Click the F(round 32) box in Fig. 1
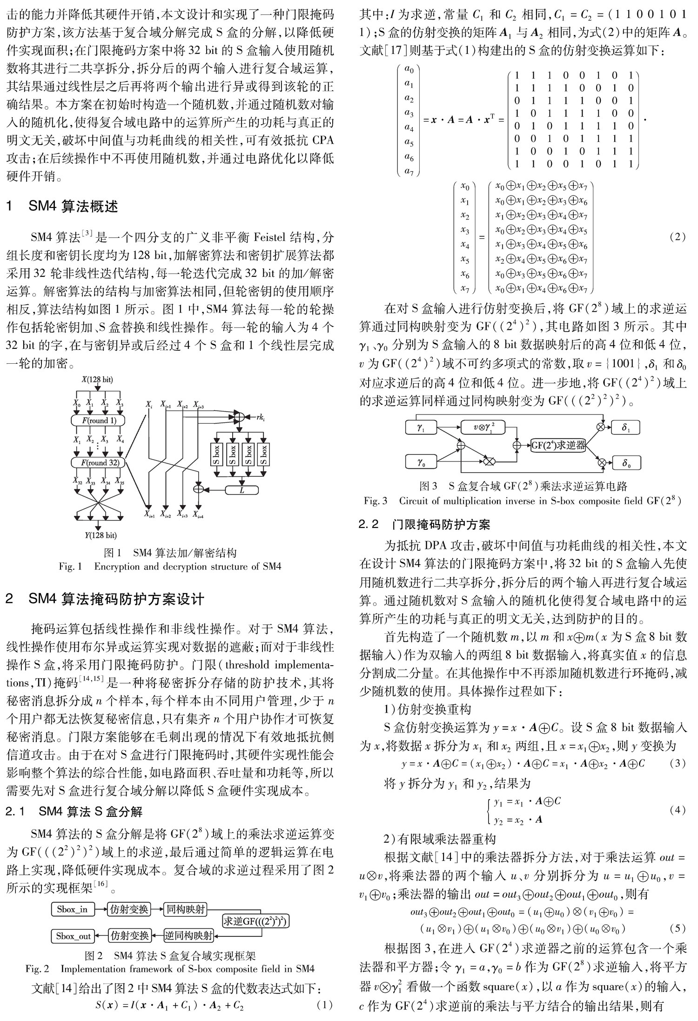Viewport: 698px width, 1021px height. [x=98, y=462]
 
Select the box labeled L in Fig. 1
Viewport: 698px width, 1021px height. [x=242, y=489]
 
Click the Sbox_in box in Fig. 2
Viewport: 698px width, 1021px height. [x=72, y=908]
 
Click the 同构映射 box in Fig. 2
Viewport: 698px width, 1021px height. [x=185, y=908]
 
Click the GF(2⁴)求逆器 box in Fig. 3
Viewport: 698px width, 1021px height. [x=558, y=445]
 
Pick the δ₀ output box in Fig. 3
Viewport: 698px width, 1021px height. [x=626, y=462]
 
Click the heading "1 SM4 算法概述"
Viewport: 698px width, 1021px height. [x=62, y=207]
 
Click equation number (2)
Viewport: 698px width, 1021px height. [x=677, y=237]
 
